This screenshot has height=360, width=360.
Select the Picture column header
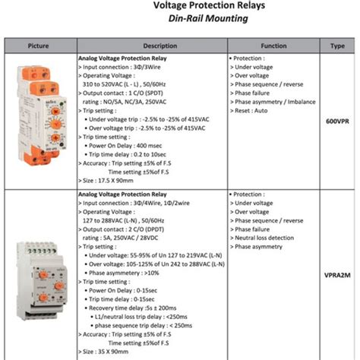pos(38,46)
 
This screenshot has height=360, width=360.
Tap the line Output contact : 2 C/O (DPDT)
pos(126,229)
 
